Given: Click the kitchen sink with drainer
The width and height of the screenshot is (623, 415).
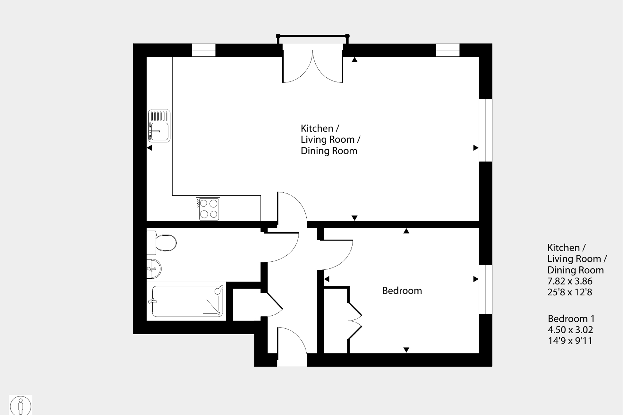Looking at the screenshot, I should [x=159, y=126].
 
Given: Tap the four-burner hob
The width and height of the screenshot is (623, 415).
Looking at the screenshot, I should [x=208, y=209].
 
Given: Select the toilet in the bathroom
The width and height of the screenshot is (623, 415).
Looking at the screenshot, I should [x=164, y=243].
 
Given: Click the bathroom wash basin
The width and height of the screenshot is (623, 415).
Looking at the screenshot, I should [x=154, y=269].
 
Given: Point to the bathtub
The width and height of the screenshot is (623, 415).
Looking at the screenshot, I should [x=187, y=301].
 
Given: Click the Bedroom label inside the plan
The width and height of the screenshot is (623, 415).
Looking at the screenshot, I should [x=402, y=291].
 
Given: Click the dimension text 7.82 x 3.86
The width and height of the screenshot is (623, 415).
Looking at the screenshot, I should [x=569, y=281].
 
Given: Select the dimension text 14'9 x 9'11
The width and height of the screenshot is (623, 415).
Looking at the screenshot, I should [x=570, y=341].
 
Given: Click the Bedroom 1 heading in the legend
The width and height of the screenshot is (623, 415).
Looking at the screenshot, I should [x=571, y=319].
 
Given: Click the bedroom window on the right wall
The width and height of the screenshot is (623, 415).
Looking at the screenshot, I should [x=485, y=289].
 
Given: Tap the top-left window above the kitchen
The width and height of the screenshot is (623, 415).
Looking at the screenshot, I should [x=204, y=50].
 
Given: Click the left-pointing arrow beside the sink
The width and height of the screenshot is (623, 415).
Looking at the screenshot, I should [x=149, y=148].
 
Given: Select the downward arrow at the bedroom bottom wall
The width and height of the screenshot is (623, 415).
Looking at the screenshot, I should [x=406, y=350].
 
